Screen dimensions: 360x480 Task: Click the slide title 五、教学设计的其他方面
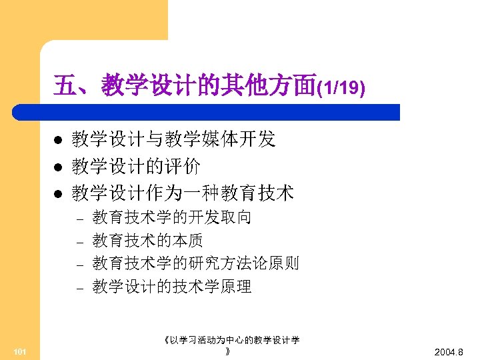point(185,85)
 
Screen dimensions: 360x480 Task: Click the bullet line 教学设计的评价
point(136,166)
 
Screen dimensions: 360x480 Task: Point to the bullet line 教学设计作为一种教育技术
point(183,193)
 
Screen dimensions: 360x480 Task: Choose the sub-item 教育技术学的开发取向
point(172,217)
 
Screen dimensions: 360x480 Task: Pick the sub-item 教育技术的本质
point(148,240)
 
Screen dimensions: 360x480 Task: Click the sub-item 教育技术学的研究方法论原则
point(196,263)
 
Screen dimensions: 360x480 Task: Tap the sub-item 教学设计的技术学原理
point(172,287)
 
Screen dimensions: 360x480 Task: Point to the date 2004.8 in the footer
point(453,351)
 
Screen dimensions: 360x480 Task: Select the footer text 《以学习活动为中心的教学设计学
point(231,340)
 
